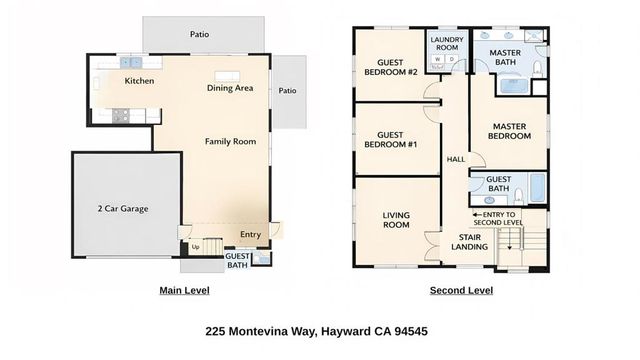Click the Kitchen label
click(139, 81)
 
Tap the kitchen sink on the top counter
click(130, 62)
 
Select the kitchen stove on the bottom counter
click(119, 115)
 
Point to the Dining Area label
click(230, 88)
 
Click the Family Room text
click(231, 142)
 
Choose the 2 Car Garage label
click(122, 209)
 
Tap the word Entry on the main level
click(250, 236)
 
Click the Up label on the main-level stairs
click(196, 247)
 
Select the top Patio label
click(200, 33)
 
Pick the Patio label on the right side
click(288, 91)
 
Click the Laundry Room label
click(445, 44)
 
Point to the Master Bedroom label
click(510, 131)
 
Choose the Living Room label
click(397, 219)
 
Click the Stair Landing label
click(469, 241)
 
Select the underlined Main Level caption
click(184, 291)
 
